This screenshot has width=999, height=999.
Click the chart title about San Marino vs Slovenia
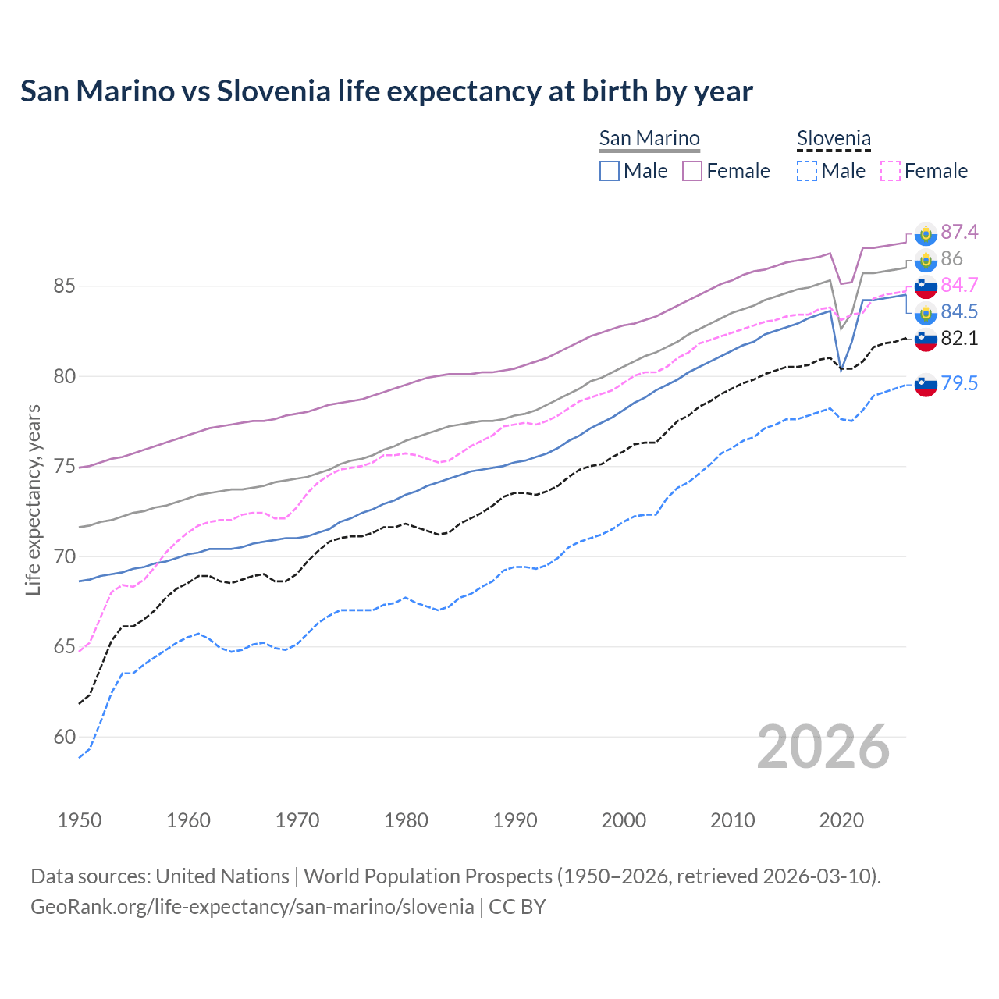point(386,91)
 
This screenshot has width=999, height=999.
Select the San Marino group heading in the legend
point(649,138)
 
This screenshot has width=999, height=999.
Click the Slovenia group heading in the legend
point(834,139)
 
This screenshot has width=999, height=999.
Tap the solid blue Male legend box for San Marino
point(610,171)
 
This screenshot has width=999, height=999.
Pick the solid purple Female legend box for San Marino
point(692,171)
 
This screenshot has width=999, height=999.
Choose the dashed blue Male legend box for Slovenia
point(807,171)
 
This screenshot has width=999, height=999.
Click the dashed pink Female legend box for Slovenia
point(890,171)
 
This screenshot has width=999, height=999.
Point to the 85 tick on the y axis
point(64,286)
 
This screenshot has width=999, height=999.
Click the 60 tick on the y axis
point(64,737)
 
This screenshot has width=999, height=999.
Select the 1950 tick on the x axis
point(80,820)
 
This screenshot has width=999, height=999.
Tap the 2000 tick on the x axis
point(624,820)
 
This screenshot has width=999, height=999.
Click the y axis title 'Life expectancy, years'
point(33,499)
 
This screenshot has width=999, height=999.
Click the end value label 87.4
point(959,232)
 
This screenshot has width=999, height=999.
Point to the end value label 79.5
point(959,383)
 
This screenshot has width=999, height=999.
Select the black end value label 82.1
point(959,338)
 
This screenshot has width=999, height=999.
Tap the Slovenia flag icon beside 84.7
point(926,286)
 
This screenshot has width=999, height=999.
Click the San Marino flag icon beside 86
point(926,259)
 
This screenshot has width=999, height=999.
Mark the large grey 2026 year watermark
point(823,747)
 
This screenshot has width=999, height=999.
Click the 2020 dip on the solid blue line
point(841,369)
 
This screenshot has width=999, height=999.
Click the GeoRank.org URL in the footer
point(252,907)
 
